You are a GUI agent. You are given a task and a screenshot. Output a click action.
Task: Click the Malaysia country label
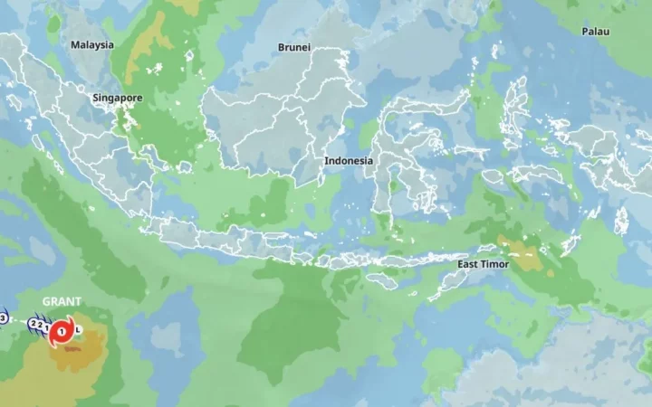[92, 44]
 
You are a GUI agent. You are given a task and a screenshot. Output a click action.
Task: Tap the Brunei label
[294, 47]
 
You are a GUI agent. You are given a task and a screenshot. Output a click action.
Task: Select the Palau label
[595, 32]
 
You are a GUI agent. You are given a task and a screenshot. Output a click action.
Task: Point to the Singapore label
[117, 97]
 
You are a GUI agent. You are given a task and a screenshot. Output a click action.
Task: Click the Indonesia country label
[349, 160]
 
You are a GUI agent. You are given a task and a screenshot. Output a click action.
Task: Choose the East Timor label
[483, 264]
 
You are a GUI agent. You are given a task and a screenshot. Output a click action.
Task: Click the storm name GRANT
[62, 301]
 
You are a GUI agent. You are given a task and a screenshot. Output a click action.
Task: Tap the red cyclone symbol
[62, 332]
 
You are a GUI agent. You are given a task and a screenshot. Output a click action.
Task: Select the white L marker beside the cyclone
[79, 329]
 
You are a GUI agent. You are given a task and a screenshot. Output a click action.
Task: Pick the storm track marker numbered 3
[3, 317]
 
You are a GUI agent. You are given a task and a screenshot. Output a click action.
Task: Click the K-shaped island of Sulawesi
[403, 158]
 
